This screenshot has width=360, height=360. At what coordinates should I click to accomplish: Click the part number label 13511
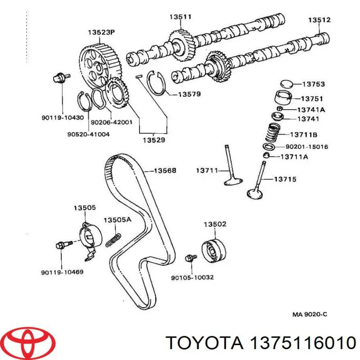click(180, 17)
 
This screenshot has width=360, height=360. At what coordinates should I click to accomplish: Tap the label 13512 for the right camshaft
click(319, 20)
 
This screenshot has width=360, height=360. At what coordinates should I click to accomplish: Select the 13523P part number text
click(101, 32)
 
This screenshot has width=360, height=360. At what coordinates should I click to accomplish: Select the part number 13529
click(154, 140)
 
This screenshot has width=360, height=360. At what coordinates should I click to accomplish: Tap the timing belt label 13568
click(165, 171)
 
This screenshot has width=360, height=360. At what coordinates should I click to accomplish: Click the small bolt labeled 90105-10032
click(192, 257)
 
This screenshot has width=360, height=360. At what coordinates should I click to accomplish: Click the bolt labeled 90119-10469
click(60, 246)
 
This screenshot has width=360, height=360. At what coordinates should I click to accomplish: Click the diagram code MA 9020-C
click(310, 315)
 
